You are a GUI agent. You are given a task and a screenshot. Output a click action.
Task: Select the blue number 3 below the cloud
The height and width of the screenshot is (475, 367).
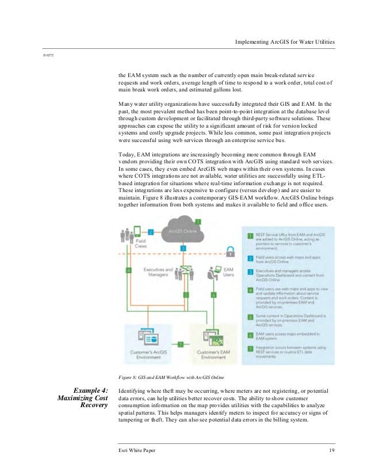coord(183,247)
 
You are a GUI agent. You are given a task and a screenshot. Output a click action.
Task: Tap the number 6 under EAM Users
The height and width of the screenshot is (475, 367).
coord(213,294)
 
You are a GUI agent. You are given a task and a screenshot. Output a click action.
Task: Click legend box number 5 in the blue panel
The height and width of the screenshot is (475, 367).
coord(250,316)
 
